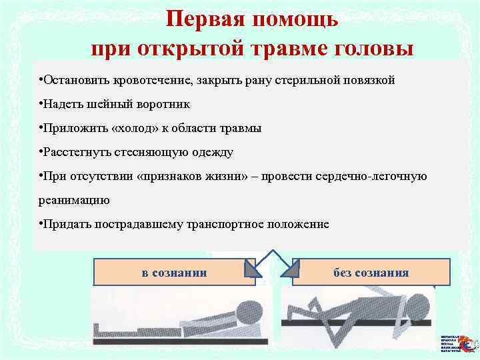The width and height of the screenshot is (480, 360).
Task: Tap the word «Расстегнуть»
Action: (75, 152)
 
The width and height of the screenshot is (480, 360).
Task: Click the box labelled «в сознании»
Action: (175, 272)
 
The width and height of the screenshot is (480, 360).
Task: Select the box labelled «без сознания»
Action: (371, 272)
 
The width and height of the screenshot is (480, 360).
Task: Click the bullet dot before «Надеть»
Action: (41, 104)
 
